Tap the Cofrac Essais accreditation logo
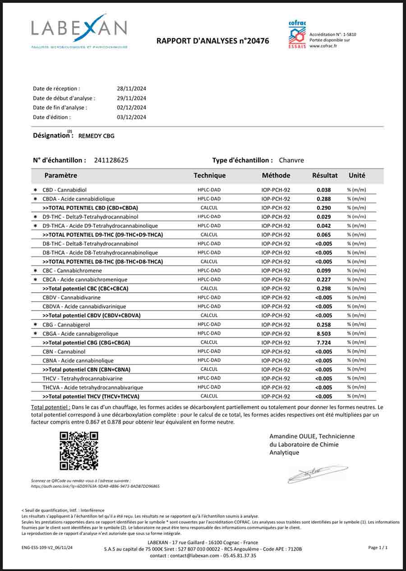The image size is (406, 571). pos(297,34)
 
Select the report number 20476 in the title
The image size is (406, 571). pos(255,41)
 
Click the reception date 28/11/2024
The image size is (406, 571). pos(131,89)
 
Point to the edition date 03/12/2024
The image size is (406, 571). pos(131,117)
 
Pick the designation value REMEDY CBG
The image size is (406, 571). pos(97,136)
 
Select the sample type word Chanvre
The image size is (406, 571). pos(291,160)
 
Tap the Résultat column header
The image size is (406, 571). pos(325,175)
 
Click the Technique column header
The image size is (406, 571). pos(209,175)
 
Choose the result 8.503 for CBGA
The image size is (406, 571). pos(323,333)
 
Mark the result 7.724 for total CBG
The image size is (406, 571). pos(323,342)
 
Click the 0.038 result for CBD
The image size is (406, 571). pos(323,190)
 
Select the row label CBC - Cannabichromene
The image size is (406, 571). pos(72,271)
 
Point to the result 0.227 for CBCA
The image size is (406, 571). pos(323,280)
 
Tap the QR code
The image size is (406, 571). pos(79,451)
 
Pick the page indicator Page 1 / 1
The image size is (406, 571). pos(378,548)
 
